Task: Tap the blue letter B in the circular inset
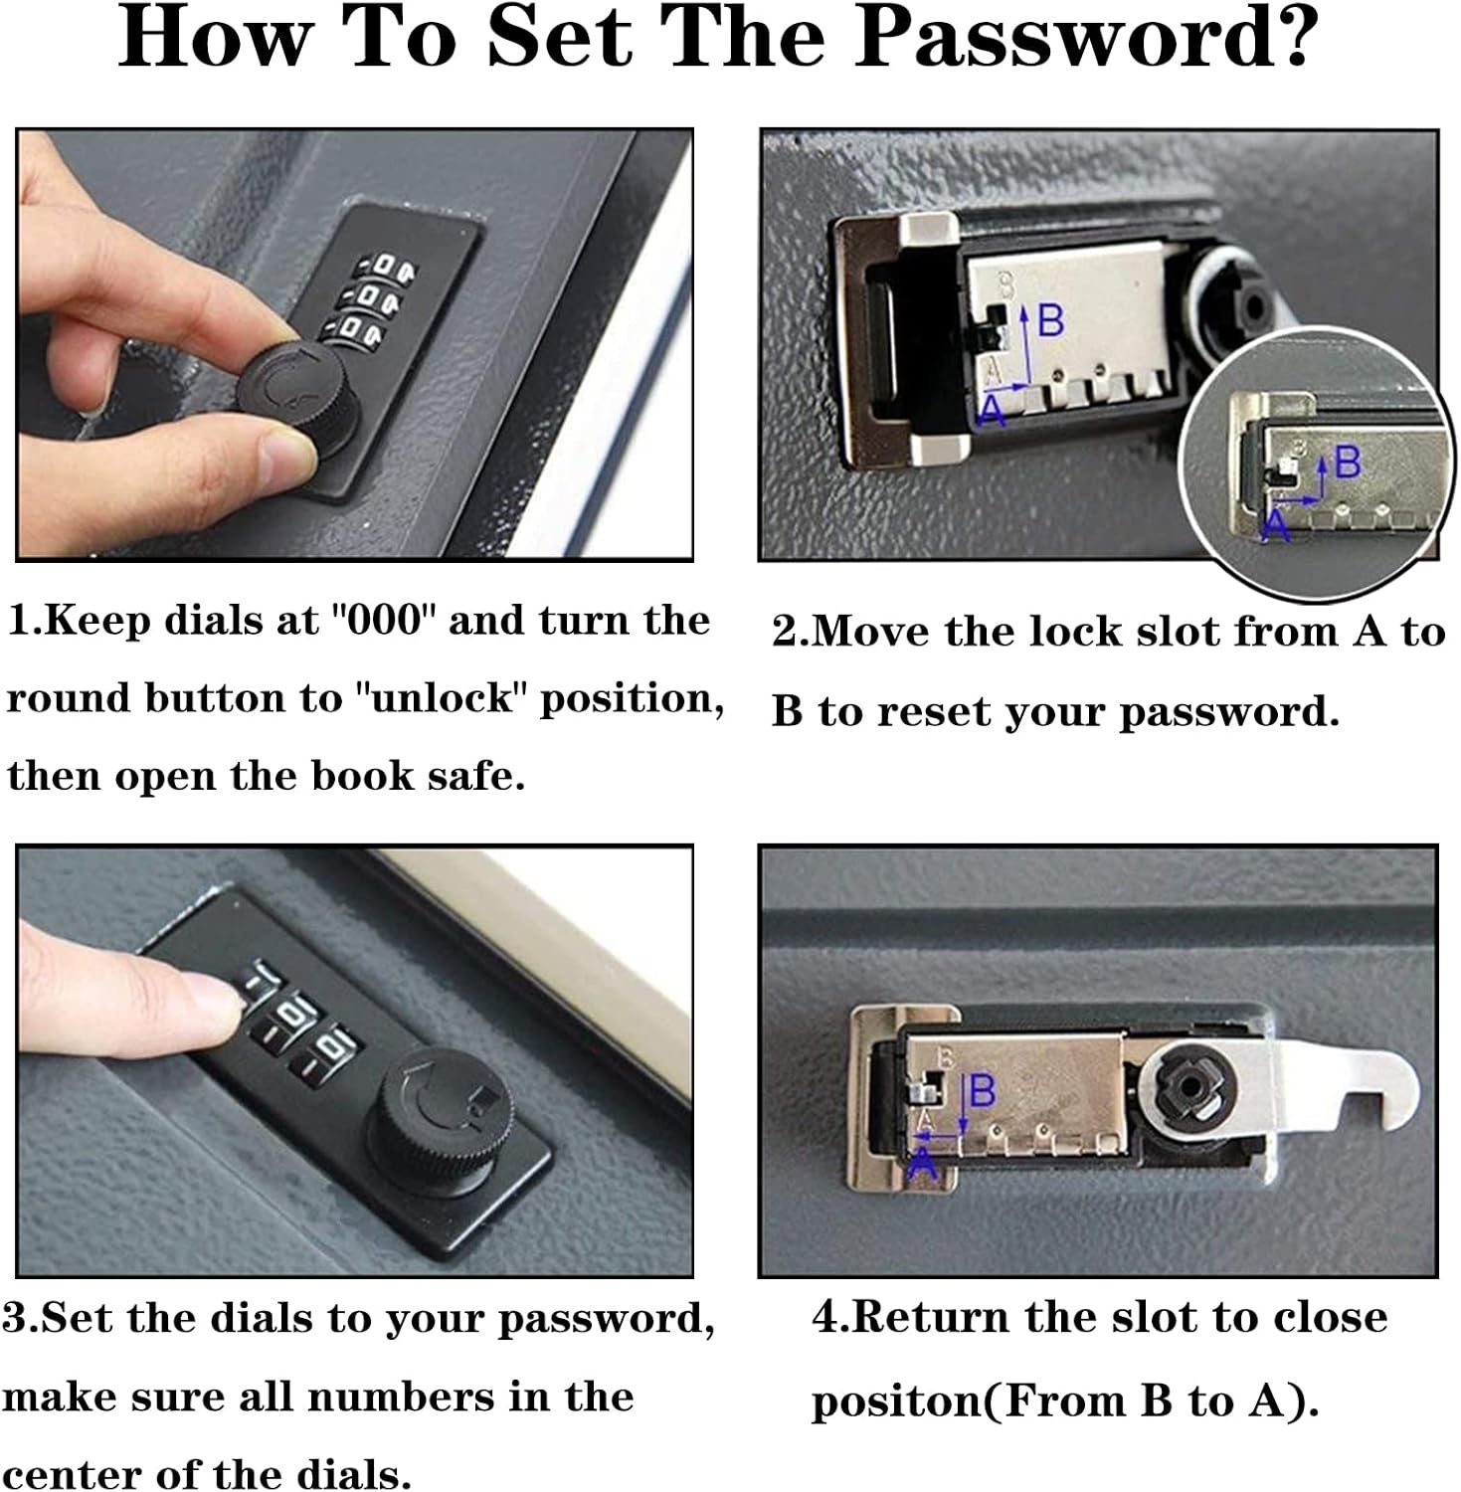(1347, 464)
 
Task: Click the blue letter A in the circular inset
(1274, 524)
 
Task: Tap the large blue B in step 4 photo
(982, 1091)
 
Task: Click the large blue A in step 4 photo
(923, 1162)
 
